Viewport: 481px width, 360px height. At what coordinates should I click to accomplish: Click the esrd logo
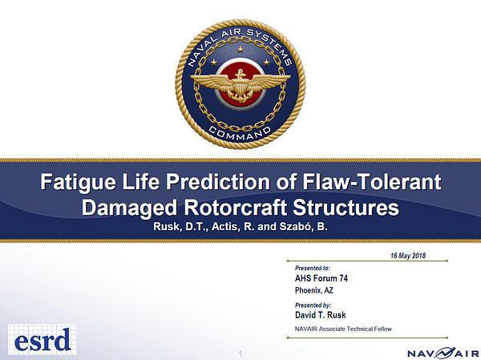point(42,339)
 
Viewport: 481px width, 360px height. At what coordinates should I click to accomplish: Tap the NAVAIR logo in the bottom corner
point(443,353)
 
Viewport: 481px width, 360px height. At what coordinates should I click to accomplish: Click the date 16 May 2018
point(408,256)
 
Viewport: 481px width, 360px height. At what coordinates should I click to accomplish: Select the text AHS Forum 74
point(321,278)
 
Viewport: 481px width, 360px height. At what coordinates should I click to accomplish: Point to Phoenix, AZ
point(313,290)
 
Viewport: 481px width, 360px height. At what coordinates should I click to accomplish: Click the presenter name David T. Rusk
point(320,315)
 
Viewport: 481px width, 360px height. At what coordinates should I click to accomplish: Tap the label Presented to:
point(313,268)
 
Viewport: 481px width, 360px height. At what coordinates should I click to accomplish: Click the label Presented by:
point(313,305)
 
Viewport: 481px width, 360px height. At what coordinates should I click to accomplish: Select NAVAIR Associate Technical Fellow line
point(343,329)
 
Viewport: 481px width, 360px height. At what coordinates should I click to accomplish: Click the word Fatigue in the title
point(79,182)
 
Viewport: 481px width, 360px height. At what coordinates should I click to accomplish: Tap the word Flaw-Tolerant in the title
point(372,182)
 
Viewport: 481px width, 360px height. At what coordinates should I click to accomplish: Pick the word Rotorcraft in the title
point(235,208)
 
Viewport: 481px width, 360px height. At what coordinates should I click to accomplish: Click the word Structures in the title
point(346,208)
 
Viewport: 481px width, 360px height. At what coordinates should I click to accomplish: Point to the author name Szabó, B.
point(303,226)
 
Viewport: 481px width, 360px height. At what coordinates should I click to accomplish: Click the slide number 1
point(240,354)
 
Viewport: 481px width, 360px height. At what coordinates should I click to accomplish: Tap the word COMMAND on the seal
point(240,134)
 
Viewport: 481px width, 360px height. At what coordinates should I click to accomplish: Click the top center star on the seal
point(240,50)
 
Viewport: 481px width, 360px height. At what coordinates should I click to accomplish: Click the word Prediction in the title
point(218,182)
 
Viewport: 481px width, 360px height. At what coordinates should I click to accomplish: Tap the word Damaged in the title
point(129,208)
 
